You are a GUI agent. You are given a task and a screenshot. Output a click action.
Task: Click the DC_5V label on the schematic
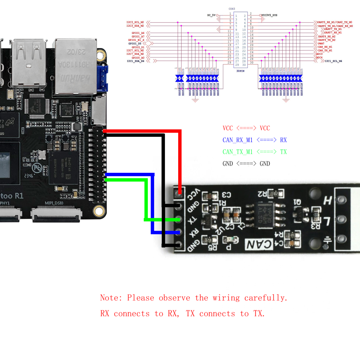tap(211, 15)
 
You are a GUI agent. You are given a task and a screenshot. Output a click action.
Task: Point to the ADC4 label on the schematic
tap(319, 58)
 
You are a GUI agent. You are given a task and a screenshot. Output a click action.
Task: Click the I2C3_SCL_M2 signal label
tap(135, 22)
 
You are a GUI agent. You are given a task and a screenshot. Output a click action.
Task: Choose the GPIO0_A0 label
tap(138, 58)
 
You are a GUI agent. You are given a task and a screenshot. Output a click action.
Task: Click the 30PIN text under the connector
tap(241, 71)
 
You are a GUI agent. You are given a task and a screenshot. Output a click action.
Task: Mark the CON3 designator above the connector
tap(232, 9)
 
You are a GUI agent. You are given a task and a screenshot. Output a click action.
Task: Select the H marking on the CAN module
tap(328, 200)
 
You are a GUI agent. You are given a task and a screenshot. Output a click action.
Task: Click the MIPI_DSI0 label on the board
tap(54, 203)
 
